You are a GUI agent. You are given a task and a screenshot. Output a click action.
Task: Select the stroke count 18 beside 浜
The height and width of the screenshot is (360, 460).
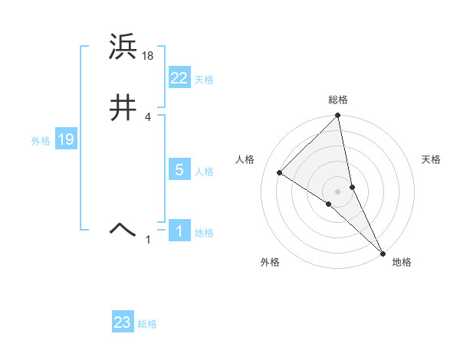coord(149,55)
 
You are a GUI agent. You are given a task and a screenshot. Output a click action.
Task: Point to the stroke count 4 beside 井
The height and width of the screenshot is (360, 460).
coord(148,116)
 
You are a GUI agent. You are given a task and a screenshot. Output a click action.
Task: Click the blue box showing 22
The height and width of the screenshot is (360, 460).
coord(179,77)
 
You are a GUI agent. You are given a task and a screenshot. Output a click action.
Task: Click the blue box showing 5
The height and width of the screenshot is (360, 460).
coord(179,170)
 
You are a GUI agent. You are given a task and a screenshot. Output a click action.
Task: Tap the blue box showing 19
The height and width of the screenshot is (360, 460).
coord(66,139)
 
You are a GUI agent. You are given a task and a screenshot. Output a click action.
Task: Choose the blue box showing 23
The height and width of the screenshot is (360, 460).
coord(123,322)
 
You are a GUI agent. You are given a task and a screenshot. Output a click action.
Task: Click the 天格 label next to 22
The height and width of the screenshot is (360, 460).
coord(204,80)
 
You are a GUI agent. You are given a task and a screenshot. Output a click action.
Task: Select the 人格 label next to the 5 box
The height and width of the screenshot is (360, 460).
coord(204,172)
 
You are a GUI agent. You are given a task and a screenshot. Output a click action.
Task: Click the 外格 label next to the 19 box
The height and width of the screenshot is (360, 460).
coord(41,141)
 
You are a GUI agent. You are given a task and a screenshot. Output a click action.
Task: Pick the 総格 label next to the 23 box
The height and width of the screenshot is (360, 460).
coord(147,324)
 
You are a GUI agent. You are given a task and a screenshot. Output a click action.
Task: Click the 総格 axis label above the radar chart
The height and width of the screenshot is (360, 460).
coord(338,100)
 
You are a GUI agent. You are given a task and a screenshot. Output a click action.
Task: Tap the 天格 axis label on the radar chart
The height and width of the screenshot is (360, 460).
coord(432,159)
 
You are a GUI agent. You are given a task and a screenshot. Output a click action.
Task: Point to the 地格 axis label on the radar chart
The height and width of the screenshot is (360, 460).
coord(402,262)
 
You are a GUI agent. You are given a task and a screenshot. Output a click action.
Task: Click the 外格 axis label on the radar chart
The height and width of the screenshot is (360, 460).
coord(270,262)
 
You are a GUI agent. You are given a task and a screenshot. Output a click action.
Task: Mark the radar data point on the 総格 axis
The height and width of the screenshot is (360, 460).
coord(338,116)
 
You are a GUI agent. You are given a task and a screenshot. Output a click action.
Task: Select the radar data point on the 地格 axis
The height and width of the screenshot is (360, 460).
coord(383,252)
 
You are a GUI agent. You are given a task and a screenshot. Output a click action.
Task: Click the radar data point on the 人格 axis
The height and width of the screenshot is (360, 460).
coord(280,172)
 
